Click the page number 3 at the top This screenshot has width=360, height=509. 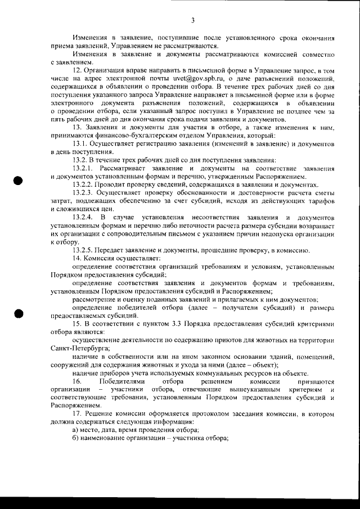click(x=192, y=21)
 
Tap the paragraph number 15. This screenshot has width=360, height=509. click(x=78, y=326)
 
